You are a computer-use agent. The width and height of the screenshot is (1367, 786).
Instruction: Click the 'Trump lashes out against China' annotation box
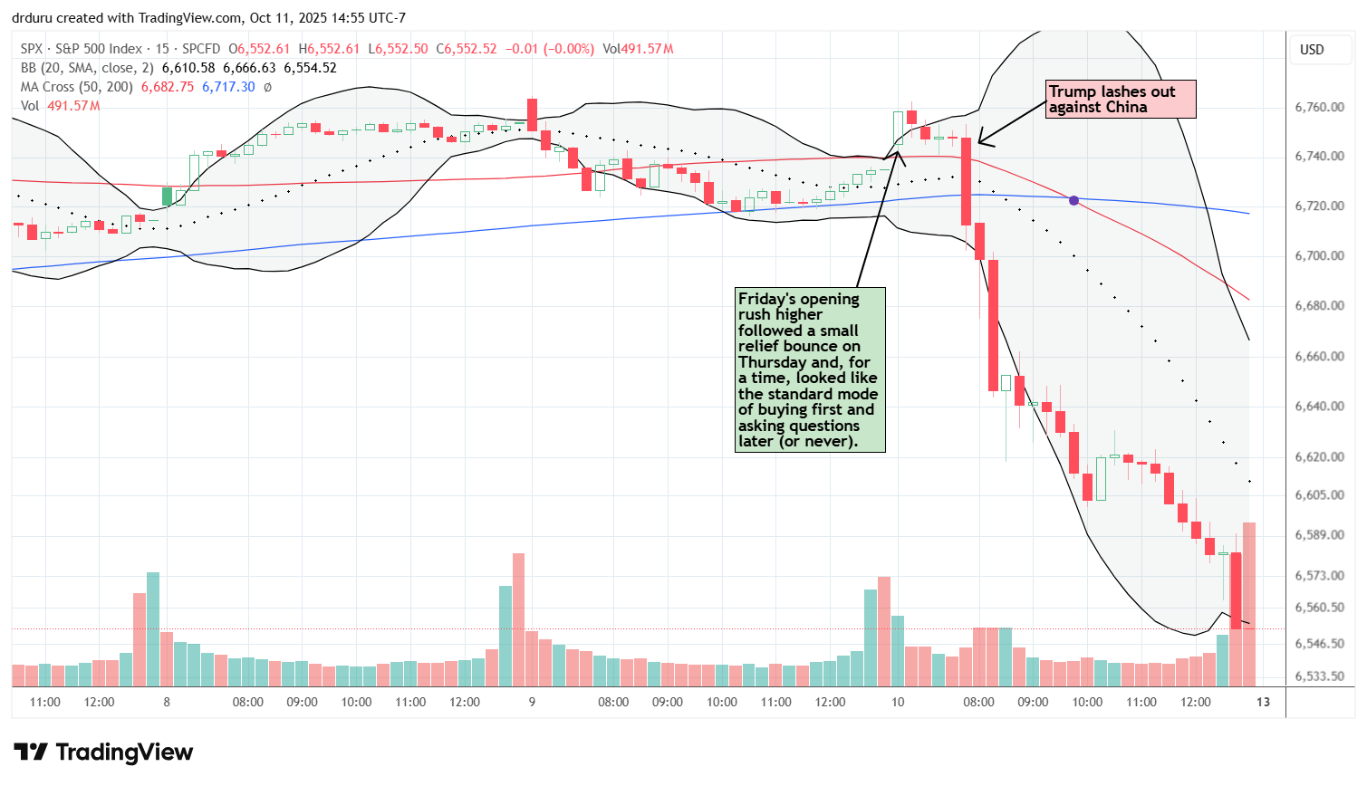tap(1120, 100)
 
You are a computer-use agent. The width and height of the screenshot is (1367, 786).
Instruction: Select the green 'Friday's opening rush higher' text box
tap(810, 369)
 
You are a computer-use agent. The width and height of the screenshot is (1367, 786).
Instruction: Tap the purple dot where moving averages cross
tap(1073, 200)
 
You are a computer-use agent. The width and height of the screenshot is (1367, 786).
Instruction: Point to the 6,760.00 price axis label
tap(1319, 107)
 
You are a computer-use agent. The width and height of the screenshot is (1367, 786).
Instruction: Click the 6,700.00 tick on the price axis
tap(1319, 256)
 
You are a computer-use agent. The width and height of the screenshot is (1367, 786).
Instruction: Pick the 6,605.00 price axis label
tap(1319, 495)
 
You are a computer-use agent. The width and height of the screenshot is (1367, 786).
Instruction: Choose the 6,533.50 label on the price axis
tap(1319, 676)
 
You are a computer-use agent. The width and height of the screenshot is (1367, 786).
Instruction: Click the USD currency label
tap(1312, 50)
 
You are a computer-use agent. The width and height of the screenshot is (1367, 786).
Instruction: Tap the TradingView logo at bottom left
tap(103, 752)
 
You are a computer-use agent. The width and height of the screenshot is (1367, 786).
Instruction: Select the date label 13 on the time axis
tap(1263, 702)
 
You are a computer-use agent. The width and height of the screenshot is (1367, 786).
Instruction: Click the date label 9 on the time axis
tap(532, 702)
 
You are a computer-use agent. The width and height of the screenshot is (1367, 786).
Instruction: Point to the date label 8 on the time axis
tap(167, 702)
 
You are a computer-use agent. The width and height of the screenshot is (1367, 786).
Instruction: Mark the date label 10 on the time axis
tap(897, 702)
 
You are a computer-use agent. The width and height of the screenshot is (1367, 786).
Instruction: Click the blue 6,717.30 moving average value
tap(228, 87)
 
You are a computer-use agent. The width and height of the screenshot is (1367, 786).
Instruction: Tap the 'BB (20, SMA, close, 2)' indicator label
tap(88, 68)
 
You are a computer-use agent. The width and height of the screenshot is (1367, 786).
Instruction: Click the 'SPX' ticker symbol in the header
tap(33, 49)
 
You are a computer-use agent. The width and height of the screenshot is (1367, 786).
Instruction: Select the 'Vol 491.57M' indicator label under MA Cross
tap(60, 106)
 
